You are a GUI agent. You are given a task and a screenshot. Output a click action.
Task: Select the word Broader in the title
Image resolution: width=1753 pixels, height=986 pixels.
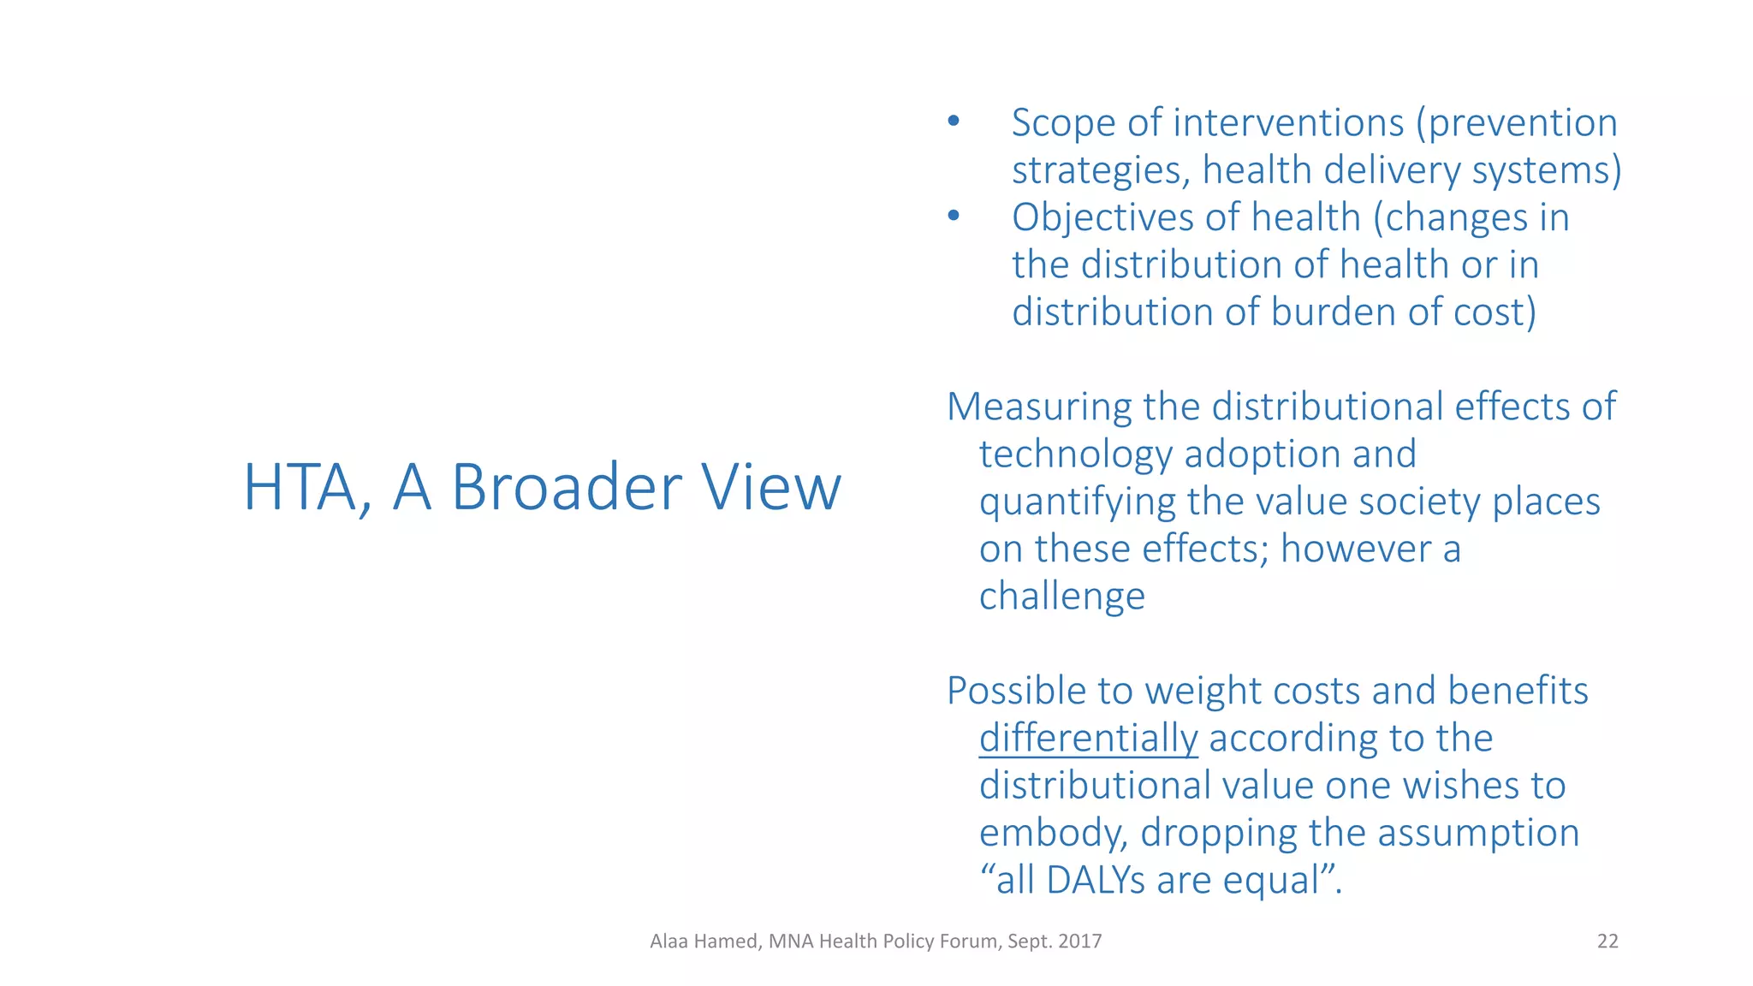[566, 488]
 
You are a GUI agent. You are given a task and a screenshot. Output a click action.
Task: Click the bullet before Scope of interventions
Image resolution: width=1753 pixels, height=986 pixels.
[954, 122]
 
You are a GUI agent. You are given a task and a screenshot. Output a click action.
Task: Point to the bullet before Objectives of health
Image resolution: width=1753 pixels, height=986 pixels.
[954, 216]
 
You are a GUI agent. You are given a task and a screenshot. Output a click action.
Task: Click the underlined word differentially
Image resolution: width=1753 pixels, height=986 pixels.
[1088, 739]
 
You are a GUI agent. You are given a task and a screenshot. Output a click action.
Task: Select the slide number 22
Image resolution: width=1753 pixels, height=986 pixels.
[1607, 941]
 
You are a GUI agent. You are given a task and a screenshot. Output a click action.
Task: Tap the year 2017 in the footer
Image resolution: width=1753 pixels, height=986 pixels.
[1079, 941]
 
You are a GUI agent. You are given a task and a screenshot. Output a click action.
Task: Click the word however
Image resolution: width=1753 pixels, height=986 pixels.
[1356, 549]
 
